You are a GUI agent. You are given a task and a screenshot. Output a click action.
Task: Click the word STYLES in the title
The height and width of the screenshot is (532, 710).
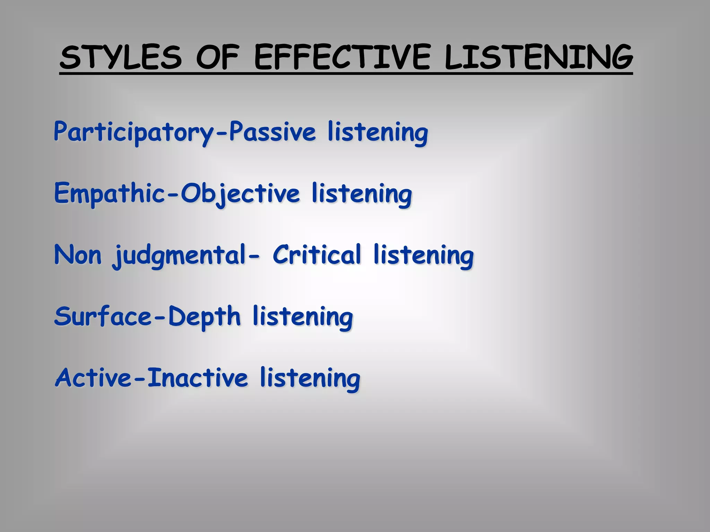coord(121,57)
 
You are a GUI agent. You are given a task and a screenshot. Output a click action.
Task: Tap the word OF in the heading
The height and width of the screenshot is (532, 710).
coord(218,57)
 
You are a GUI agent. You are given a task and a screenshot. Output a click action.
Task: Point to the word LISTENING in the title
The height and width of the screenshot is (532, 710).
coord(538,57)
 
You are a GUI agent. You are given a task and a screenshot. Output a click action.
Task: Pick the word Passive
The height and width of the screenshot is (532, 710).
coord(272,132)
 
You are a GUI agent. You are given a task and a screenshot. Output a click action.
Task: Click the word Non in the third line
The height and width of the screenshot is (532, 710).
coord(78,255)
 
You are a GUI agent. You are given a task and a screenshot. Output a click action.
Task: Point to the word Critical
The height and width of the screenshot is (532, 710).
coord(317,255)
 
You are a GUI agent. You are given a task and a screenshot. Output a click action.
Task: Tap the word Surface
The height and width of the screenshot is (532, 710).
coord(103,316)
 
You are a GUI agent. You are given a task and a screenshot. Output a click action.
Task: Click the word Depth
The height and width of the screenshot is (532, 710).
coord(205,317)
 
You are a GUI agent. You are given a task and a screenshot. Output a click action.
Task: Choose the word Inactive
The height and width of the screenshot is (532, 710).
coord(198,378)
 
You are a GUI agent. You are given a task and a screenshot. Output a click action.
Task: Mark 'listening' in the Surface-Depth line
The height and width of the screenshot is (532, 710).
coord(303,317)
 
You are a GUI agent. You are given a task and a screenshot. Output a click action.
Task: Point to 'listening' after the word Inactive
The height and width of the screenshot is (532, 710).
coord(310,378)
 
